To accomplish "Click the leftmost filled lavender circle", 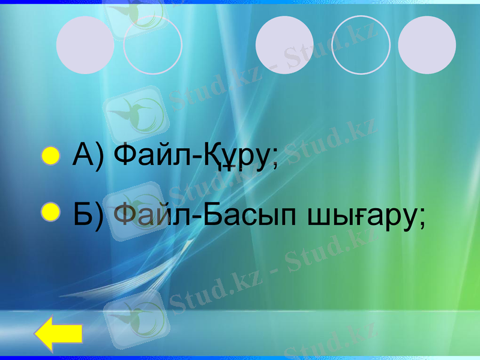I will tap(85, 45).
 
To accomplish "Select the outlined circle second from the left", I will tap(152, 45).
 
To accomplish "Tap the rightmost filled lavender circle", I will tap(427, 45).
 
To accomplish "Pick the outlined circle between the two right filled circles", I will tap(361, 45).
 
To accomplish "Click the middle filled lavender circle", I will tap(284, 45).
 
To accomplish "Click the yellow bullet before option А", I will tap(51, 157).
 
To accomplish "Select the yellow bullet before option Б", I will tap(51, 211).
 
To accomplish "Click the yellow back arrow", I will tap(58, 334).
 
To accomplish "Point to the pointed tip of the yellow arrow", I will tap(37, 334).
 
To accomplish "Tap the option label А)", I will tap(88, 157).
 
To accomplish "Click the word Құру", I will tap(241, 158).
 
